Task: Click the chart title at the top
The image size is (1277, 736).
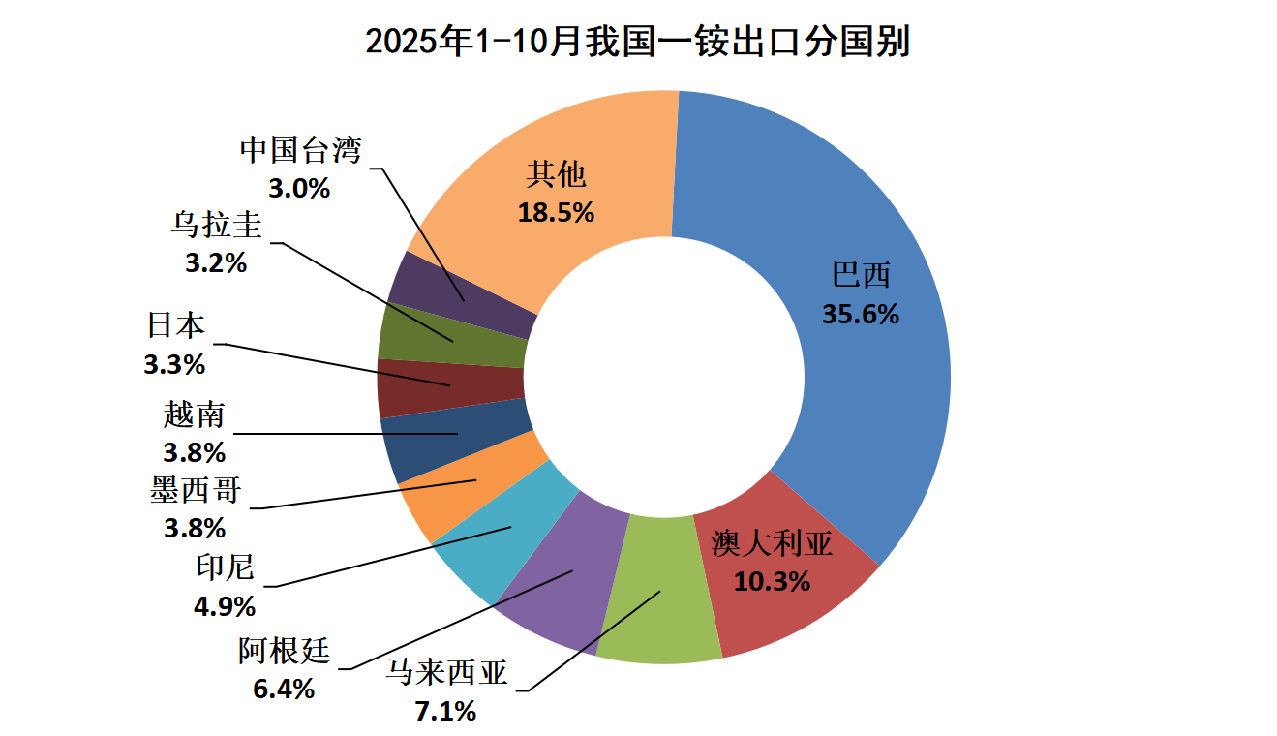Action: (x=638, y=42)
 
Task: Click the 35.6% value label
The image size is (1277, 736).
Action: (x=861, y=315)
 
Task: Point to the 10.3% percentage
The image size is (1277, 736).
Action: (x=772, y=581)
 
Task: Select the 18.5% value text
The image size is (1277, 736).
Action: (x=556, y=213)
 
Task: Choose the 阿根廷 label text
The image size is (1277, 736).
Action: (x=285, y=652)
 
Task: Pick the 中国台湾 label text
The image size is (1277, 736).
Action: (x=300, y=151)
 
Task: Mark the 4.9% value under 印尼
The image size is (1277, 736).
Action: (x=225, y=607)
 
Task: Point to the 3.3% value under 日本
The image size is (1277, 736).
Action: (x=174, y=365)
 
